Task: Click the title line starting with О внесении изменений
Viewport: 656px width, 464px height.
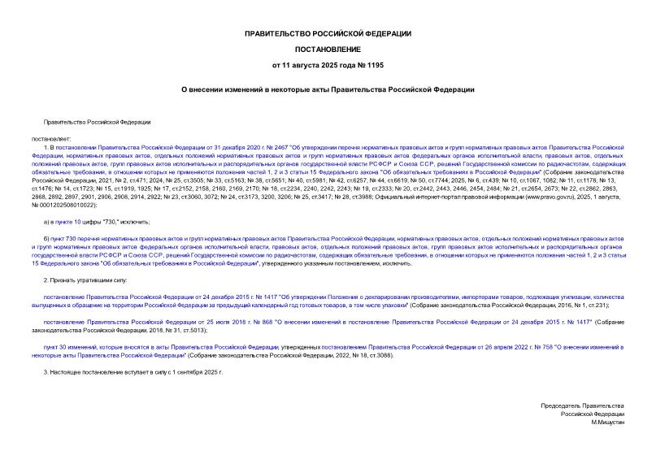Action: click(328, 89)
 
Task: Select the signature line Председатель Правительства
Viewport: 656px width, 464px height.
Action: click(583, 405)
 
